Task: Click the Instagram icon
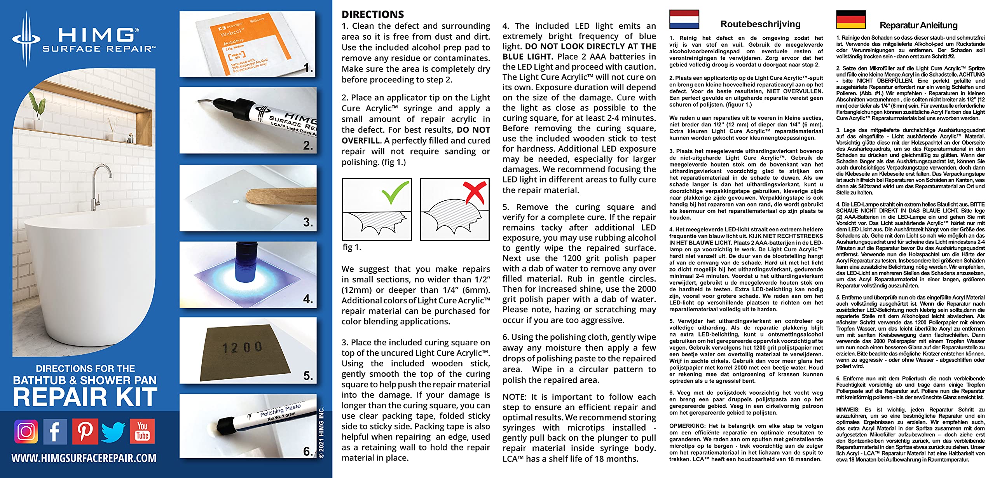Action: click(x=26, y=431)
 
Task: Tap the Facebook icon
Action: click(x=55, y=431)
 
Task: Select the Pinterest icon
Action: click(x=85, y=431)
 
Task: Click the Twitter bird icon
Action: click(x=113, y=431)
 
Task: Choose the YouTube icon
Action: click(x=143, y=431)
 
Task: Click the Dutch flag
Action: click(x=684, y=19)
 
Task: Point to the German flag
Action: click(x=851, y=19)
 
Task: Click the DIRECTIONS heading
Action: click(x=373, y=14)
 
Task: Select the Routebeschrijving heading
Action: click(x=760, y=24)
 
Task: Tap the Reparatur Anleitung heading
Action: click(x=918, y=25)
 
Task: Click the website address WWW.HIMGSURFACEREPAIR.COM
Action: click(x=84, y=458)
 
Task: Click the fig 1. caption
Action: click(x=352, y=247)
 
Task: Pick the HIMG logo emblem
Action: click(x=26, y=39)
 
